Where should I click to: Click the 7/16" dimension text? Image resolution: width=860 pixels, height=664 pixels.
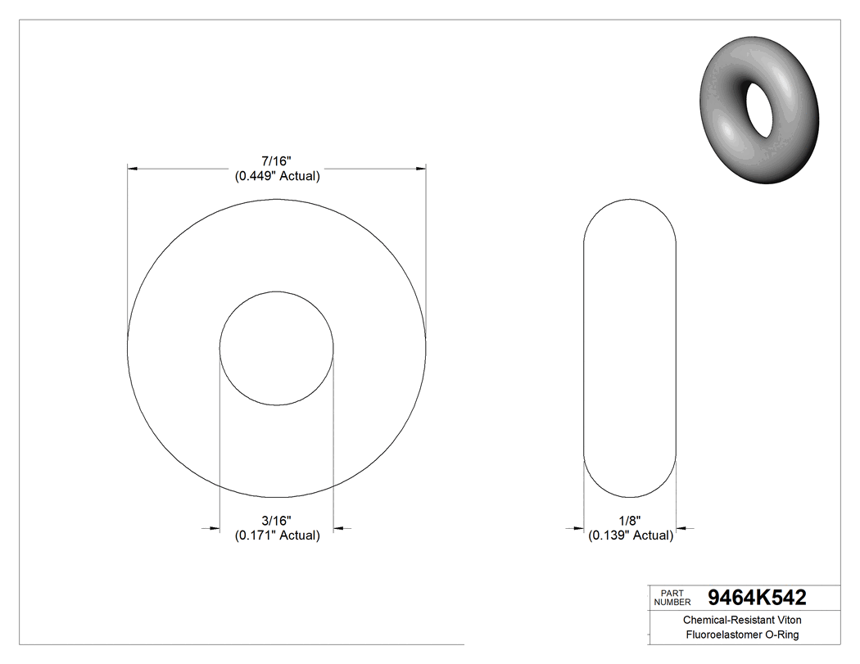pyautogui.click(x=277, y=161)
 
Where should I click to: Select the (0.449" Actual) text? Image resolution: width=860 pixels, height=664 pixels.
pyautogui.click(x=277, y=176)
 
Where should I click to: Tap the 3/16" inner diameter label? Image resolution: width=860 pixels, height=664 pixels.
pyautogui.click(x=277, y=521)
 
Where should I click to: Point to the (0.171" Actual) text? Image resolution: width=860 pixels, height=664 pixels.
pyautogui.click(x=277, y=535)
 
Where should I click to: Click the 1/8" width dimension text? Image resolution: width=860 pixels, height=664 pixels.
pyautogui.click(x=630, y=521)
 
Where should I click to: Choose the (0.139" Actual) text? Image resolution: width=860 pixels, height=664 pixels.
pyautogui.click(x=630, y=535)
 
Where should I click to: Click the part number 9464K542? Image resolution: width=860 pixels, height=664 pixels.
pyautogui.click(x=756, y=597)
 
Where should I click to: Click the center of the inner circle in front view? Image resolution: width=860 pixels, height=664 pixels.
pyautogui.click(x=277, y=348)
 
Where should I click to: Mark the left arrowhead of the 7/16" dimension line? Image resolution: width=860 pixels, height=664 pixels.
pyautogui.click(x=132, y=169)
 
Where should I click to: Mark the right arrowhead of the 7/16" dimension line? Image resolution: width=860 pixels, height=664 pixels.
pyautogui.click(x=421, y=169)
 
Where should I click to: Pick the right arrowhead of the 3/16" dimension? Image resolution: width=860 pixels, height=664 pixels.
pyautogui.click(x=339, y=528)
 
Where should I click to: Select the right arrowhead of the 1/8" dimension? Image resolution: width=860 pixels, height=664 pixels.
pyautogui.click(x=681, y=528)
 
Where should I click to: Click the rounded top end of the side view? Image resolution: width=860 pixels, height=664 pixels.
pyautogui.click(x=629, y=201)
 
